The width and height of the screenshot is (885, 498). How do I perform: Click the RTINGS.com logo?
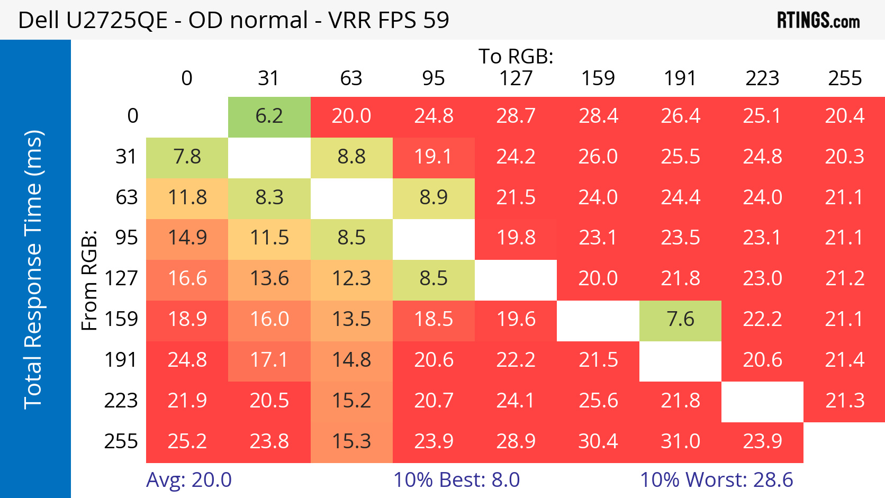pos(818,20)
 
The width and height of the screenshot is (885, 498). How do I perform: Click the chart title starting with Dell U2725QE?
pos(233,20)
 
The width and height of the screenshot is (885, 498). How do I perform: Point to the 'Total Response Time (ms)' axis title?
pos(33,269)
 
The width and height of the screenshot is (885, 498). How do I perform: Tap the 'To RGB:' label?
pos(516,56)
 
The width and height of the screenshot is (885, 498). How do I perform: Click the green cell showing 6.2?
pos(269,116)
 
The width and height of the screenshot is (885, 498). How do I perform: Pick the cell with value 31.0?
pos(680,441)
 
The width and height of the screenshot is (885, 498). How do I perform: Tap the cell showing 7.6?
pos(680,320)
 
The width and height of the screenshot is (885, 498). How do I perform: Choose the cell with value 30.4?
pos(598,441)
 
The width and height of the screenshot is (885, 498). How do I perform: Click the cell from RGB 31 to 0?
pos(187,157)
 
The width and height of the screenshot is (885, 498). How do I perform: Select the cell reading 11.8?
pos(187,197)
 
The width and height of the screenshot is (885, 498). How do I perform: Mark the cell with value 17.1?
pos(269,360)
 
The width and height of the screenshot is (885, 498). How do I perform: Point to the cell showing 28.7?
pos(516,116)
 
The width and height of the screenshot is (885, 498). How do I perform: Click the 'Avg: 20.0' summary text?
pos(189,480)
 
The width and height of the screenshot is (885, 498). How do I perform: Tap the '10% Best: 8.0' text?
pos(456,480)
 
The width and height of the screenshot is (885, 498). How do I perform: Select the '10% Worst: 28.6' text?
pos(716,480)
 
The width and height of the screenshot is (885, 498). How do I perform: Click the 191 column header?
pos(680,78)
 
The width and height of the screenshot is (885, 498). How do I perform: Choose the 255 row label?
pos(121,441)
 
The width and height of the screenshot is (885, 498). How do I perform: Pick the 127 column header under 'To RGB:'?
pos(516,78)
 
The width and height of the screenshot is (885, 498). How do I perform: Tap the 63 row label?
pos(127,197)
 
